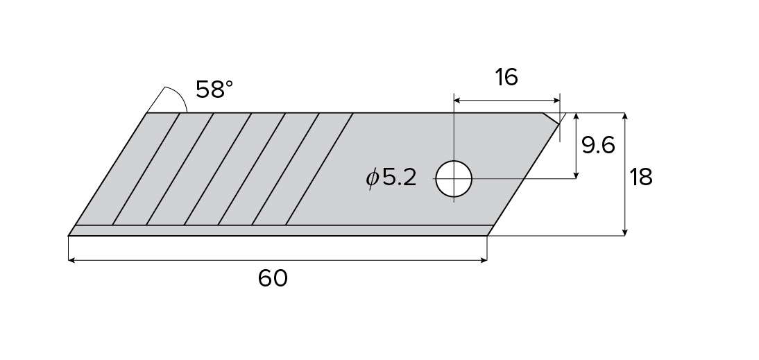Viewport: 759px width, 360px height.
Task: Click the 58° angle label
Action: pos(214,89)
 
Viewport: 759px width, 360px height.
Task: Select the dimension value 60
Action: pos(273,278)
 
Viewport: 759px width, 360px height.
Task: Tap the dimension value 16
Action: pos(506,77)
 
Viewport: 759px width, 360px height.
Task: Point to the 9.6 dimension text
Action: pos(599,146)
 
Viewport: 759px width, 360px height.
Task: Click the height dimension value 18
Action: pos(640,177)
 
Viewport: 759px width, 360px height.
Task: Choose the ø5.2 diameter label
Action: pos(392,178)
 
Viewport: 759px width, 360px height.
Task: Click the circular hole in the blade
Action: pos(454,178)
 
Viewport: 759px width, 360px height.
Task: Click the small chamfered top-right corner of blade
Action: pos(552,119)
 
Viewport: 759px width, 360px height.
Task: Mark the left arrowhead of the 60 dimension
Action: pos(71,260)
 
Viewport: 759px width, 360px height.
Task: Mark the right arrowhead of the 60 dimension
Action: pos(484,260)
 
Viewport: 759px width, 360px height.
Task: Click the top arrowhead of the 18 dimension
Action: pos(625,116)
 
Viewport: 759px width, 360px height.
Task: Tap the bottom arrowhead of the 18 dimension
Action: pos(625,232)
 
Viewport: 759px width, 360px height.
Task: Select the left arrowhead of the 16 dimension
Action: pos(457,101)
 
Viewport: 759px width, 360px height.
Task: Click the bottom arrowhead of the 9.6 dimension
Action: pos(577,175)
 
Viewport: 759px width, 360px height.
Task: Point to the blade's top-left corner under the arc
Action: pos(148,113)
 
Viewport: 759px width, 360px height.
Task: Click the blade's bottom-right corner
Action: pos(487,235)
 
